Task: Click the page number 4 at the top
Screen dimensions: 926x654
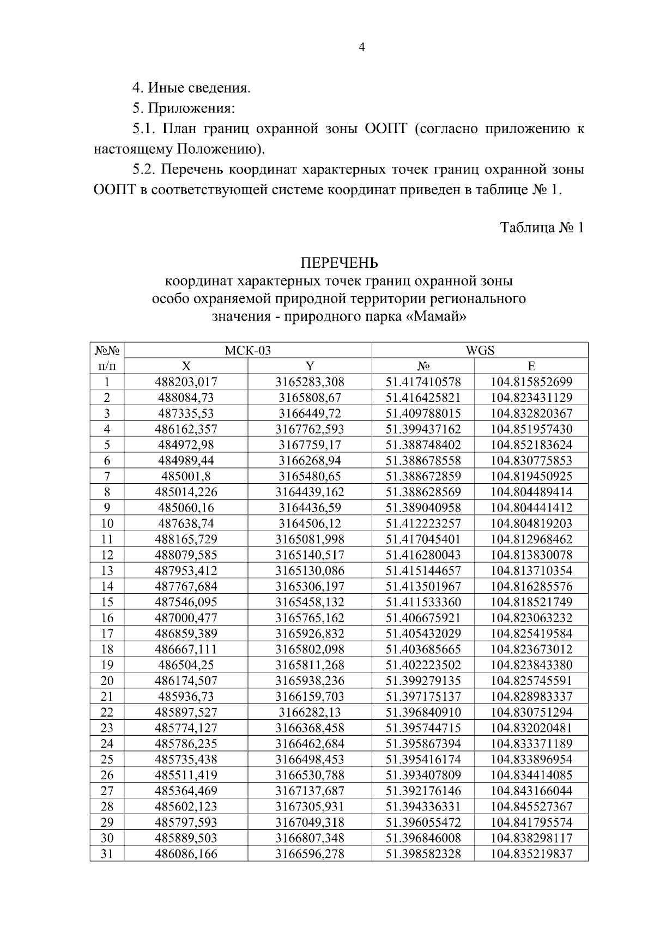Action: (x=362, y=47)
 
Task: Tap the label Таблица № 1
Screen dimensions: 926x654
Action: (x=542, y=227)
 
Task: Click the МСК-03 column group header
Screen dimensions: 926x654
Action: (x=247, y=350)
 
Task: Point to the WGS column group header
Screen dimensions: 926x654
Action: (x=480, y=350)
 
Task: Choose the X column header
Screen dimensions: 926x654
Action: (x=186, y=366)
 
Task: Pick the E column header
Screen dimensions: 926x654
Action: (x=531, y=366)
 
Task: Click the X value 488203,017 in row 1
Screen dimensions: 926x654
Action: (x=186, y=382)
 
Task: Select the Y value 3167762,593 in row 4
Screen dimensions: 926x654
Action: (x=310, y=429)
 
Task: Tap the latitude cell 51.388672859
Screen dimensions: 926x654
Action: (x=423, y=476)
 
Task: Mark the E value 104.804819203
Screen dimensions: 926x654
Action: (x=531, y=524)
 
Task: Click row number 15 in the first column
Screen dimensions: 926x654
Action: (x=107, y=602)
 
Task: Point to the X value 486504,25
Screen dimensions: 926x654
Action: (x=186, y=665)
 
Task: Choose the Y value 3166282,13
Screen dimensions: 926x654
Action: (x=310, y=712)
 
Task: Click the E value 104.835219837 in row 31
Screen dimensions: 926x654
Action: (x=531, y=854)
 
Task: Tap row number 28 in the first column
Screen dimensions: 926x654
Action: (x=107, y=807)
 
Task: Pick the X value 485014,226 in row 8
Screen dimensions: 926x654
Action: (x=186, y=492)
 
